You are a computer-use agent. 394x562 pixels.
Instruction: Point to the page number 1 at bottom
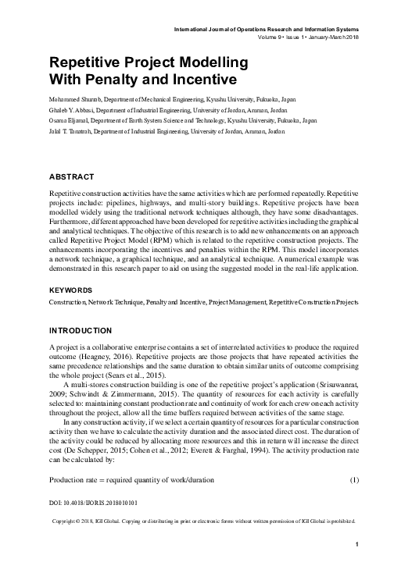coord(356,544)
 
